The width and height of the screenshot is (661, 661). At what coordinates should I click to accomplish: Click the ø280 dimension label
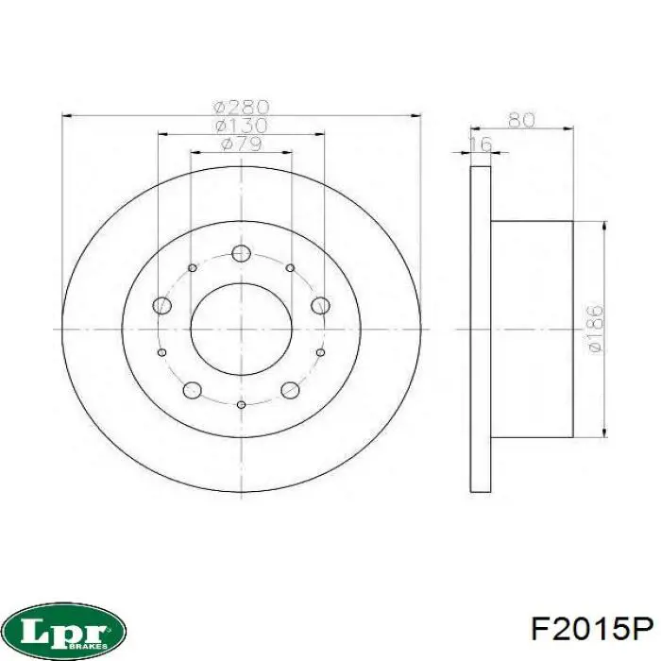pyautogui.click(x=241, y=107)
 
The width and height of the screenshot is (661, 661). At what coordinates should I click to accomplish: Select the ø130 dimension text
pyautogui.click(x=241, y=126)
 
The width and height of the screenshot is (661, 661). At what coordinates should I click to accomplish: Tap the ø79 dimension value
pyautogui.click(x=241, y=144)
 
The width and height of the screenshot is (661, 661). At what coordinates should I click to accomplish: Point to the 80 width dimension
pyautogui.click(x=521, y=120)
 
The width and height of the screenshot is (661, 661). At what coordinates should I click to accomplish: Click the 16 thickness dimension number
pyautogui.click(x=481, y=144)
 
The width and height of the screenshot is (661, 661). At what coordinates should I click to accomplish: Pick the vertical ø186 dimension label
pyautogui.click(x=595, y=329)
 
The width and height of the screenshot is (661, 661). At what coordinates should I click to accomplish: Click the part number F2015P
pyautogui.click(x=592, y=630)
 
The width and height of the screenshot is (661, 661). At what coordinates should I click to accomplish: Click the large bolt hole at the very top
pyautogui.click(x=241, y=253)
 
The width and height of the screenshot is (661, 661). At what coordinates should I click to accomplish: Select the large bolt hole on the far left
pyautogui.click(x=161, y=305)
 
